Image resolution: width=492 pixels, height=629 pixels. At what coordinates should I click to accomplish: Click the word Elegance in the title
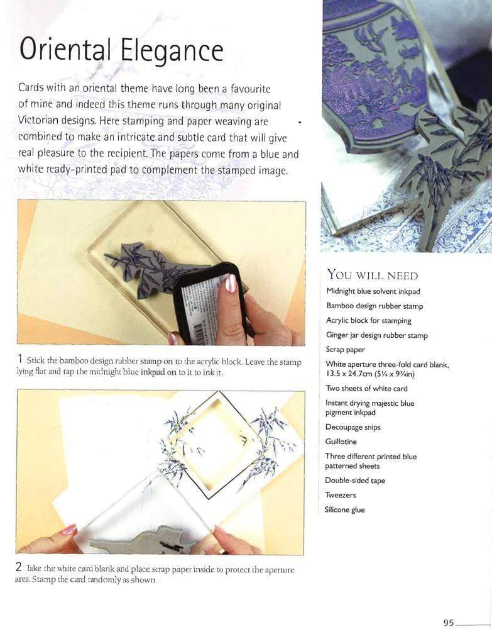point(170,50)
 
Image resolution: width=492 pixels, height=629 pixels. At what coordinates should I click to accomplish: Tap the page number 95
point(448,622)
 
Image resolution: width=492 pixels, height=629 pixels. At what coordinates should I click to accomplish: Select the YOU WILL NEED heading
point(372,276)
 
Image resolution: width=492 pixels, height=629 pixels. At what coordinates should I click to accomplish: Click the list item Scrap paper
point(345,350)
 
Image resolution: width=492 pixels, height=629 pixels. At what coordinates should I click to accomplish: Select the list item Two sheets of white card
point(366,388)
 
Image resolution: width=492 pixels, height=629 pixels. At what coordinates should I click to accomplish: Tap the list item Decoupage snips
point(353,427)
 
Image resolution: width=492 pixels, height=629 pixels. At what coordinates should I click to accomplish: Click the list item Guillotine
point(341,442)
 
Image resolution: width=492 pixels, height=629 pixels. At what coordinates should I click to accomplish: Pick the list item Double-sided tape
point(355,481)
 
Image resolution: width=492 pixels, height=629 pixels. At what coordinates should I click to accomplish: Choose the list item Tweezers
point(341,495)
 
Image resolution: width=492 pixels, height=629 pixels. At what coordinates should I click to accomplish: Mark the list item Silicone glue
point(344,509)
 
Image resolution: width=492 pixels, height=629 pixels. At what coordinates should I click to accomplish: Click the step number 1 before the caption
point(20,360)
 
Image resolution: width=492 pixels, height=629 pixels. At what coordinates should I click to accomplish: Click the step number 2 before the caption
point(19,568)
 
